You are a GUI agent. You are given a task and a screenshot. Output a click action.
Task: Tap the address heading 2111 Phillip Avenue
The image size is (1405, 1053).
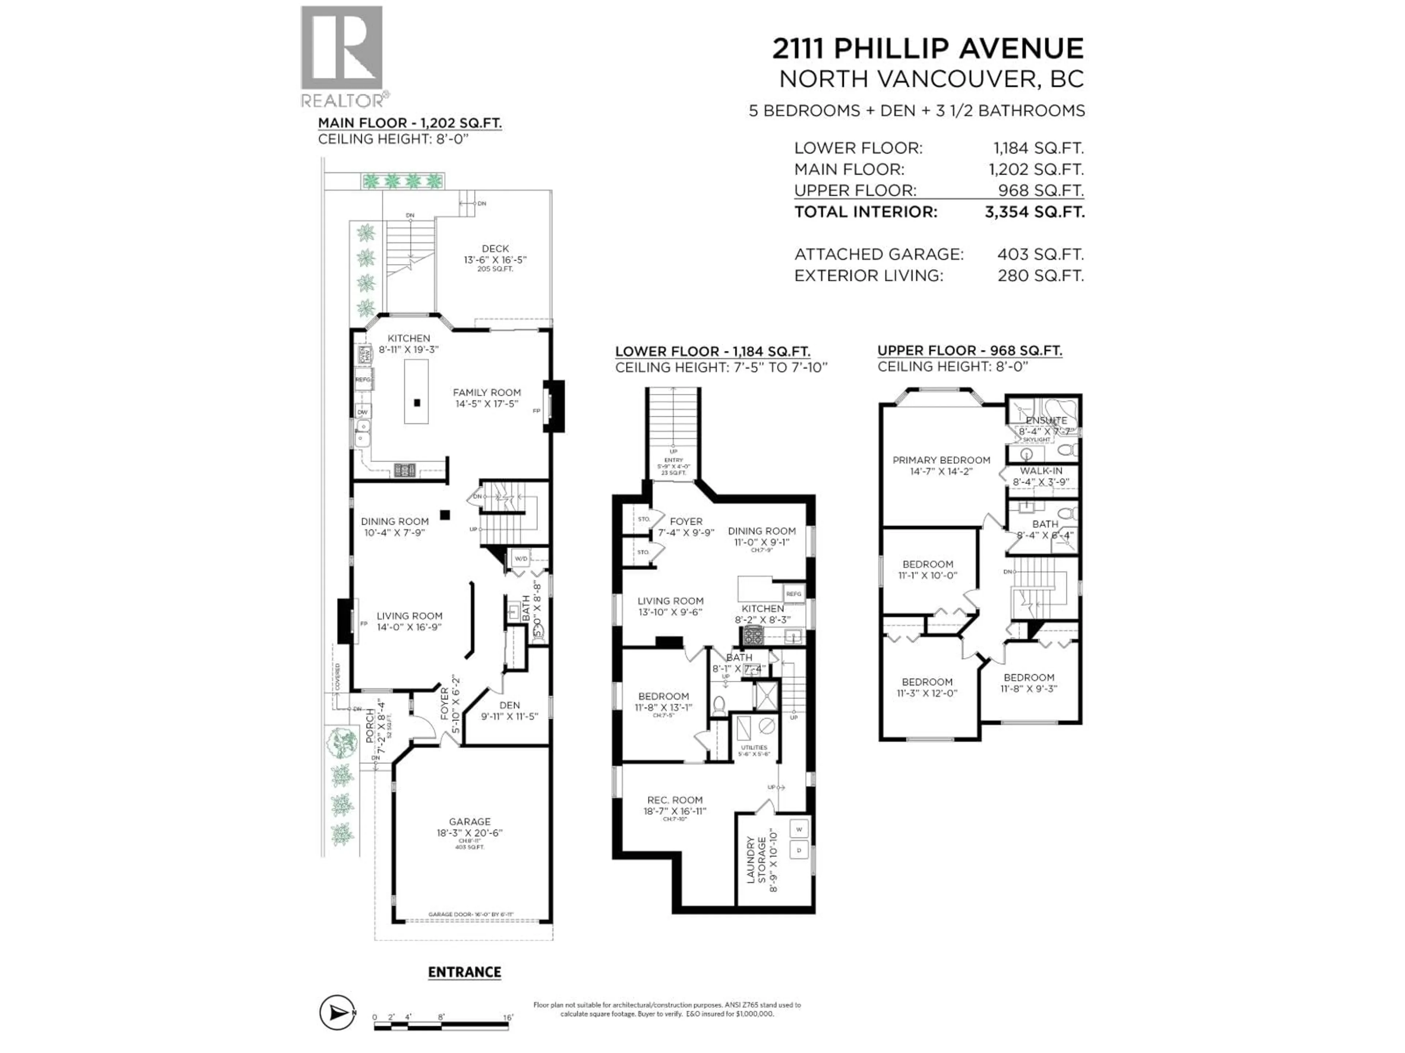(x=928, y=49)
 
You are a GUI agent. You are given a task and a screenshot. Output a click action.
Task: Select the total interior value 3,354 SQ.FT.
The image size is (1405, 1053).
(x=1034, y=212)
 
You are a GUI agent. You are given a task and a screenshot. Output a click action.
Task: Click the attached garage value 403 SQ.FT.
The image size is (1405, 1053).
(x=1040, y=254)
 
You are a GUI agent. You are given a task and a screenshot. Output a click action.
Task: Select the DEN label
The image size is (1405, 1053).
(x=509, y=705)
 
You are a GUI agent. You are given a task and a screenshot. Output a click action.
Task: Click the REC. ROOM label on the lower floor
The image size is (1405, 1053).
(x=675, y=800)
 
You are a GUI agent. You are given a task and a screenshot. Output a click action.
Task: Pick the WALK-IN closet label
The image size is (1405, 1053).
(x=1041, y=471)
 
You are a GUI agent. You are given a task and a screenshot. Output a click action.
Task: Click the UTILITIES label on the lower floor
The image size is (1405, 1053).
(x=754, y=748)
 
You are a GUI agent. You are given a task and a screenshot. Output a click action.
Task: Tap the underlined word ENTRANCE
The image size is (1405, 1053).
(x=464, y=973)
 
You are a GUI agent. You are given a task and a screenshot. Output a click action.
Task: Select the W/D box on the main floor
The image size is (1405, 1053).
(x=521, y=559)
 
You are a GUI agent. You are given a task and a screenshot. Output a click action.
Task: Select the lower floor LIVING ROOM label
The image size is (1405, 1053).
(x=670, y=601)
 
